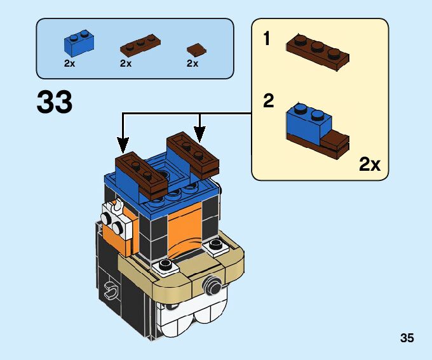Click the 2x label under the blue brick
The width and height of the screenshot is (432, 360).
(70, 63)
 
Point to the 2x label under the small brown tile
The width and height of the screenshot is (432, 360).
(192, 63)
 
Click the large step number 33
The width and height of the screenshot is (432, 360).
(55, 102)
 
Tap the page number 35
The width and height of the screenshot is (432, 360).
(407, 338)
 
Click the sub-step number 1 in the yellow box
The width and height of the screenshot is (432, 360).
(267, 39)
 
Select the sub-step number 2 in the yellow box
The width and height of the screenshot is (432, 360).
(269, 101)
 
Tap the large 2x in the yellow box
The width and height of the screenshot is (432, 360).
(369, 164)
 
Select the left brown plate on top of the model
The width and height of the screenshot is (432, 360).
(141, 171)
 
